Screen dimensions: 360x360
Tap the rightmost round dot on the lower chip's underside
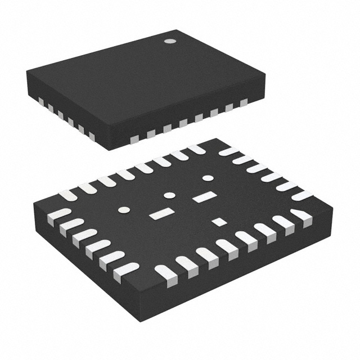(x=208, y=179)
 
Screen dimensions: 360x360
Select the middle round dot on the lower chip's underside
(x=169, y=196)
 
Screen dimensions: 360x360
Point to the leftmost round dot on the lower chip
(x=123, y=210)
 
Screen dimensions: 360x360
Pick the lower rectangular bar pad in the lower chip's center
(x=161, y=213)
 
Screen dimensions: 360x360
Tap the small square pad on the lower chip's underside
(x=218, y=222)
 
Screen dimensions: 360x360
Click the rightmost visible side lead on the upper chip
(x=244, y=102)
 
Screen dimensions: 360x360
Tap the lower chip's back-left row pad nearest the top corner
(x=196, y=150)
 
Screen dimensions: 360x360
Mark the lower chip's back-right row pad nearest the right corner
(x=303, y=195)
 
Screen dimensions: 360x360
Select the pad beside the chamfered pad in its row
(x=282, y=223)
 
